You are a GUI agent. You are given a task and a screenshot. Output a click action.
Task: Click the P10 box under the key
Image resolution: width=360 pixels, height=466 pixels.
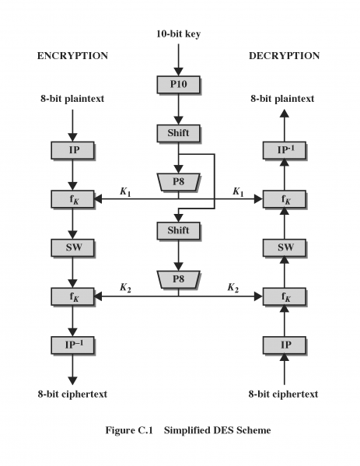click(178, 83)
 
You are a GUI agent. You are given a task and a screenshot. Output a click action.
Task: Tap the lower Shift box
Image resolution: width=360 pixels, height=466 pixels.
click(178, 230)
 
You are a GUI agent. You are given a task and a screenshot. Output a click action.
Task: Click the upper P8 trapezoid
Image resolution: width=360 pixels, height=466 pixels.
click(178, 181)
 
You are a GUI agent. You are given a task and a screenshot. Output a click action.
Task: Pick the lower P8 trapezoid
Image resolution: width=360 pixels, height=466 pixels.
click(178, 279)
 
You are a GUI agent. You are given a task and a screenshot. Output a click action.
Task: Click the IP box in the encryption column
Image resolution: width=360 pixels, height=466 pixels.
click(72, 148)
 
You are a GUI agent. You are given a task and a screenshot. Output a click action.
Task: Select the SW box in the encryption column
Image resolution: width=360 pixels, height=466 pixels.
click(72, 247)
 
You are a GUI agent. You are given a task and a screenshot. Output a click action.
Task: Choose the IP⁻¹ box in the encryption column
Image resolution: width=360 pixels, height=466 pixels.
click(72, 344)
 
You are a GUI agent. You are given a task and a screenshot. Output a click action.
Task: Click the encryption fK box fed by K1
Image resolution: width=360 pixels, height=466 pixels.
click(72, 198)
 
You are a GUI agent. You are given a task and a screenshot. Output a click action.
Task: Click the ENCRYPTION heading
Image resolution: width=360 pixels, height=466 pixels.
click(72, 56)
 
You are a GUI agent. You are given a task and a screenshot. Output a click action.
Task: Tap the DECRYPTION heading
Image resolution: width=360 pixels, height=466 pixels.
click(284, 56)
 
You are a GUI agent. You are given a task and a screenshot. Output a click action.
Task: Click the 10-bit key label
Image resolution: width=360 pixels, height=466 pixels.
click(178, 33)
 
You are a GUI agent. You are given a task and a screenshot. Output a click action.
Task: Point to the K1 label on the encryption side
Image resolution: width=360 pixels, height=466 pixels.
click(126, 191)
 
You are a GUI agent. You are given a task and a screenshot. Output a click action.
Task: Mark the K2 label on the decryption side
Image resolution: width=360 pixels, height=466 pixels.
click(232, 288)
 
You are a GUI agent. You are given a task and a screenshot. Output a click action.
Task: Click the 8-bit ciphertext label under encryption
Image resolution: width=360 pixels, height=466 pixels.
click(72, 394)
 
